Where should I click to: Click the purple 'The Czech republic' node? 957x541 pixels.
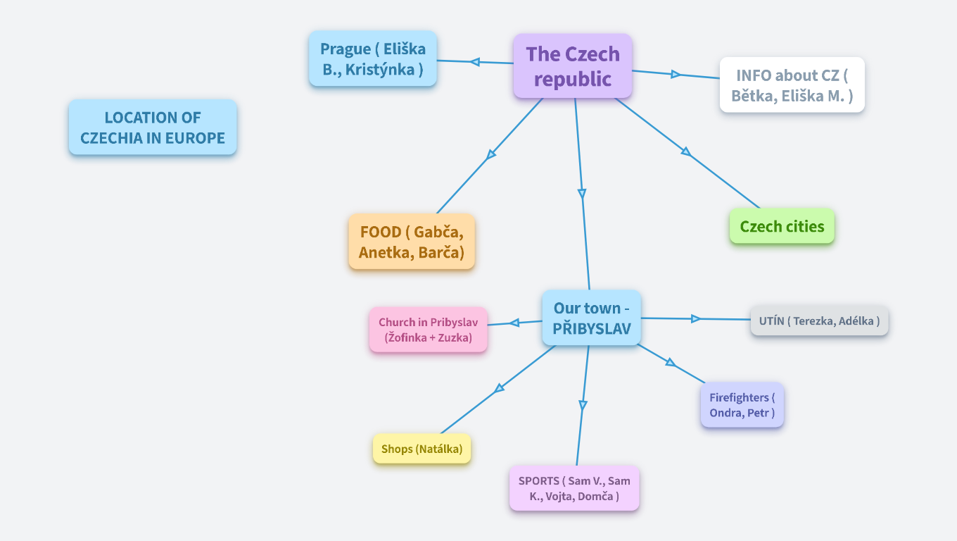[573, 66]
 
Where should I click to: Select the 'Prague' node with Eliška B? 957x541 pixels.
[373, 59]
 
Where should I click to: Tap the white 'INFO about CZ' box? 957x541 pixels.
[792, 85]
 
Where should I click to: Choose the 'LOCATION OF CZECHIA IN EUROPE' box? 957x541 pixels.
[153, 128]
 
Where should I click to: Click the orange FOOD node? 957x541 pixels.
[412, 242]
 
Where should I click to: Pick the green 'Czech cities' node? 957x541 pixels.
[782, 226]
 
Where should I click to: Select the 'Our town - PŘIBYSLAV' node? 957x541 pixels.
[591, 318]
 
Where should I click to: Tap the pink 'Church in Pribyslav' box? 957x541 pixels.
[428, 330]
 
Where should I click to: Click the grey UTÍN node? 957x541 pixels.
[819, 321]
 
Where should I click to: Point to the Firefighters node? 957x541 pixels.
[742, 405]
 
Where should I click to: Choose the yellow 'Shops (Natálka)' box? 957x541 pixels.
[422, 449]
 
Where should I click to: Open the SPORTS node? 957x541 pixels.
[574, 488]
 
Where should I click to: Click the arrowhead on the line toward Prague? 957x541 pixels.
[475, 62]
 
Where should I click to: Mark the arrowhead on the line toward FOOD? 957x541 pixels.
[491, 154]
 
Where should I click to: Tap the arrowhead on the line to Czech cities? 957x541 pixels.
[685, 151]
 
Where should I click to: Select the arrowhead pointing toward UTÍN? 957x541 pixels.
[695, 319]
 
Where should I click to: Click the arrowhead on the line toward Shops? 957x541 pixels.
[500, 387]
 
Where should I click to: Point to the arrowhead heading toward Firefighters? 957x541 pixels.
[671, 363]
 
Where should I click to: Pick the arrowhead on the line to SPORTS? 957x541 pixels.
[583, 405]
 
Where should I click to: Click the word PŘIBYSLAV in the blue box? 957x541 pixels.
[591, 328]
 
